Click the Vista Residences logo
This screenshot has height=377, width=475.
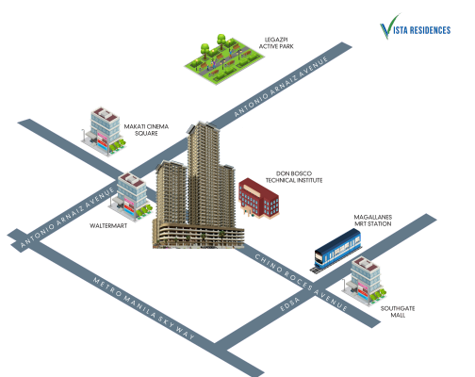click(415, 27)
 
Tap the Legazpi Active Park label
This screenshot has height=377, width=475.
click(276, 43)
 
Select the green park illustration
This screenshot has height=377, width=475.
click(224, 59)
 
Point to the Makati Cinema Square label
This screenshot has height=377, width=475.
click(146, 130)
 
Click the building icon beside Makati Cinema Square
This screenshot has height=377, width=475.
click(104, 131)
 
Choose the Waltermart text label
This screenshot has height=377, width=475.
click(108, 225)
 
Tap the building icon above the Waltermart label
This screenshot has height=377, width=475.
click(131, 197)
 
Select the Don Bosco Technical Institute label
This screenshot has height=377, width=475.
click(294, 177)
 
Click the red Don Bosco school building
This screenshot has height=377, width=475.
click(258, 198)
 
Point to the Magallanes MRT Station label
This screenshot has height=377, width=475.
click(373, 221)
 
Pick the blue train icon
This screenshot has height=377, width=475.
click(337, 251)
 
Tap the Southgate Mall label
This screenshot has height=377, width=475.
click(398, 312)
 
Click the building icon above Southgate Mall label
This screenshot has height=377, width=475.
click(365, 281)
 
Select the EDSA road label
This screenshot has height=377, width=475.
click(289, 304)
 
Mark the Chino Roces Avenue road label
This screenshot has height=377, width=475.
click(301, 282)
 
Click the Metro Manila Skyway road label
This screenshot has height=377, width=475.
click(143, 308)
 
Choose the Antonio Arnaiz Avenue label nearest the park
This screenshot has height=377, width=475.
click(281, 86)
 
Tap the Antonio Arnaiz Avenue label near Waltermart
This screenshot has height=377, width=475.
click(67, 217)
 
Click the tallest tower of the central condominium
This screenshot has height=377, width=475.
click(204, 173)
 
